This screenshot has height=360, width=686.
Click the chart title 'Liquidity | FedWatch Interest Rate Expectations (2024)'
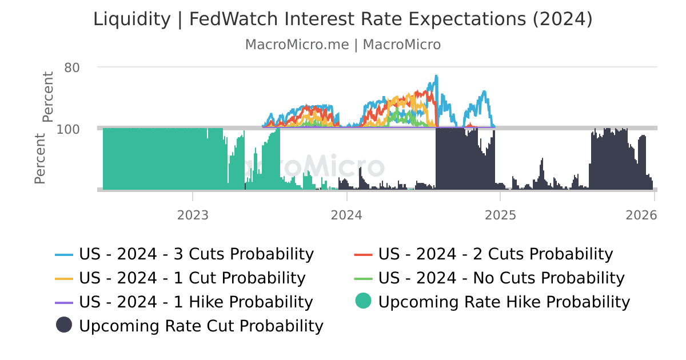(343, 19)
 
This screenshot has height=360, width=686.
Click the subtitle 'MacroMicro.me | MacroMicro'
(343, 45)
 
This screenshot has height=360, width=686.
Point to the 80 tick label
(71, 67)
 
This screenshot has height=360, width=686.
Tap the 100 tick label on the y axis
(68, 129)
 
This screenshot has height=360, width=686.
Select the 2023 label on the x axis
(193, 215)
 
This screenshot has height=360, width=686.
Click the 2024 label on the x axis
(346, 215)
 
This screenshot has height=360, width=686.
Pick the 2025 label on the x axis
(500, 215)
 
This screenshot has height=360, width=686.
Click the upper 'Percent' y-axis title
(48, 97)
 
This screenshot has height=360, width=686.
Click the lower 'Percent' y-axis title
(40, 158)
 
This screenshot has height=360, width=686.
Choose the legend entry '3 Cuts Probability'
(196, 254)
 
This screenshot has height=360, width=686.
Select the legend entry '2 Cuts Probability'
(495, 254)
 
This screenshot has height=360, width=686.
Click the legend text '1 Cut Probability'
(192, 278)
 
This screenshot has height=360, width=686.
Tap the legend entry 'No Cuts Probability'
(501, 278)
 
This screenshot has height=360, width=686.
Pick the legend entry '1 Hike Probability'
(196, 302)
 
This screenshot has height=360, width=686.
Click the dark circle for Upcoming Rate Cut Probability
(64, 325)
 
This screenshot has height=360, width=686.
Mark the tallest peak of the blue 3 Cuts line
(436, 75)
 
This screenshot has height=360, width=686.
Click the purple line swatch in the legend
(65, 303)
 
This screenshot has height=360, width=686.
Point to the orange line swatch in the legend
(65, 279)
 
